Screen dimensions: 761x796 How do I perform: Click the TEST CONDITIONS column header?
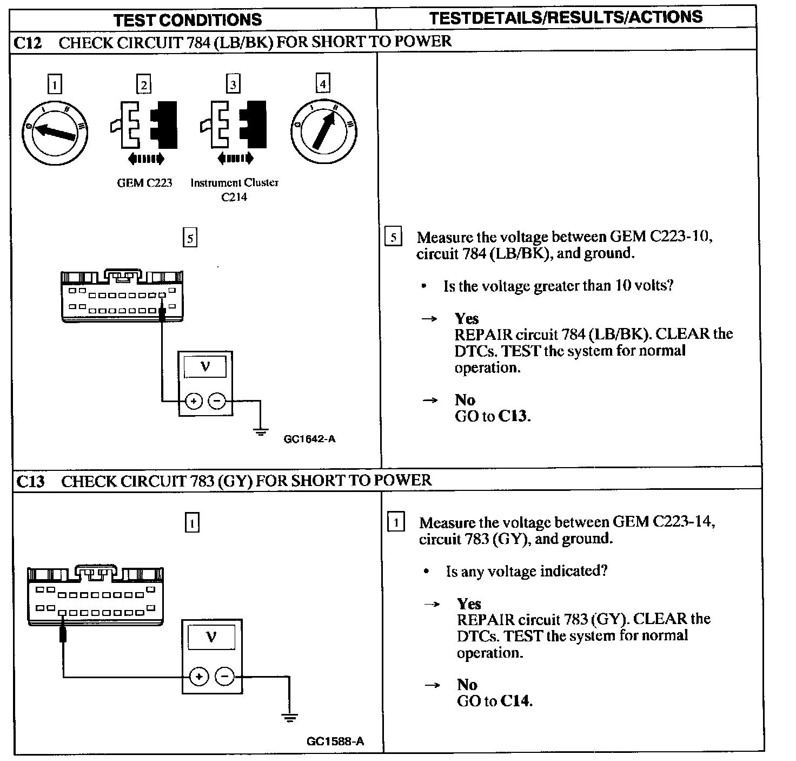click(188, 20)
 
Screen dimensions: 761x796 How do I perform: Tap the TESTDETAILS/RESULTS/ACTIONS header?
click(566, 17)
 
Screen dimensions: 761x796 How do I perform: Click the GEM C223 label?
click(144, 183)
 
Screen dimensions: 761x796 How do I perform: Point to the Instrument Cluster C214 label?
click(234, 189)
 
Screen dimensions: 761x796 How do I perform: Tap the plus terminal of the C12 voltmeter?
click(194, 401)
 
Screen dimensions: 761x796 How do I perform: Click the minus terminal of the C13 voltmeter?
click(225, 677)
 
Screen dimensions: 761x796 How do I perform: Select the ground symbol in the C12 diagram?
click(261, 431)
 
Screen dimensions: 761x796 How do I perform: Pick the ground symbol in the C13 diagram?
click(290, 718)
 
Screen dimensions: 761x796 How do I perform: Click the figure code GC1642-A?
click(309, 439)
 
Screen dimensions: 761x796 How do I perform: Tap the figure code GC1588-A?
click(335, 742)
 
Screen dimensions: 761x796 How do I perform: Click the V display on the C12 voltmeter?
click(205, 367)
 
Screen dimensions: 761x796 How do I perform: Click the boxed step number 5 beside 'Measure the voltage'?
click(393, 238)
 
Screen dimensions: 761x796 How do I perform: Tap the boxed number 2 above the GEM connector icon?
click(144, 84)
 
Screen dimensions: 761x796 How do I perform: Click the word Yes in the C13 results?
click(469, 603)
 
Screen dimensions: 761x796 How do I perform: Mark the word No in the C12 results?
click(465, 400)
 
